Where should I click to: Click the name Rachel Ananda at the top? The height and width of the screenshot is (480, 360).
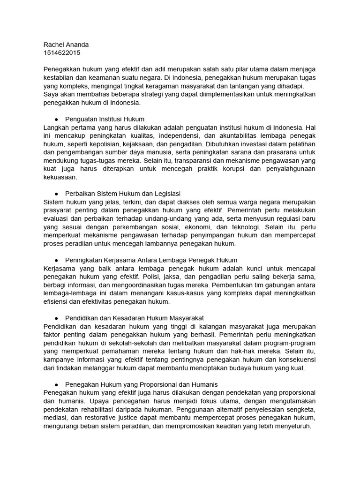tap(66, 45)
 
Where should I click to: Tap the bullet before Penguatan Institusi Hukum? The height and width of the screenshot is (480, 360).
tap(56, 119)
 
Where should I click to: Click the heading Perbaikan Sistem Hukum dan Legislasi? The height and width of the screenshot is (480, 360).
tap(123, 194)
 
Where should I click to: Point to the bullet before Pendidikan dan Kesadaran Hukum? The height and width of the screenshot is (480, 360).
tap(56, 318)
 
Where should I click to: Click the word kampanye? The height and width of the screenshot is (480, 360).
tap(60, 360)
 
